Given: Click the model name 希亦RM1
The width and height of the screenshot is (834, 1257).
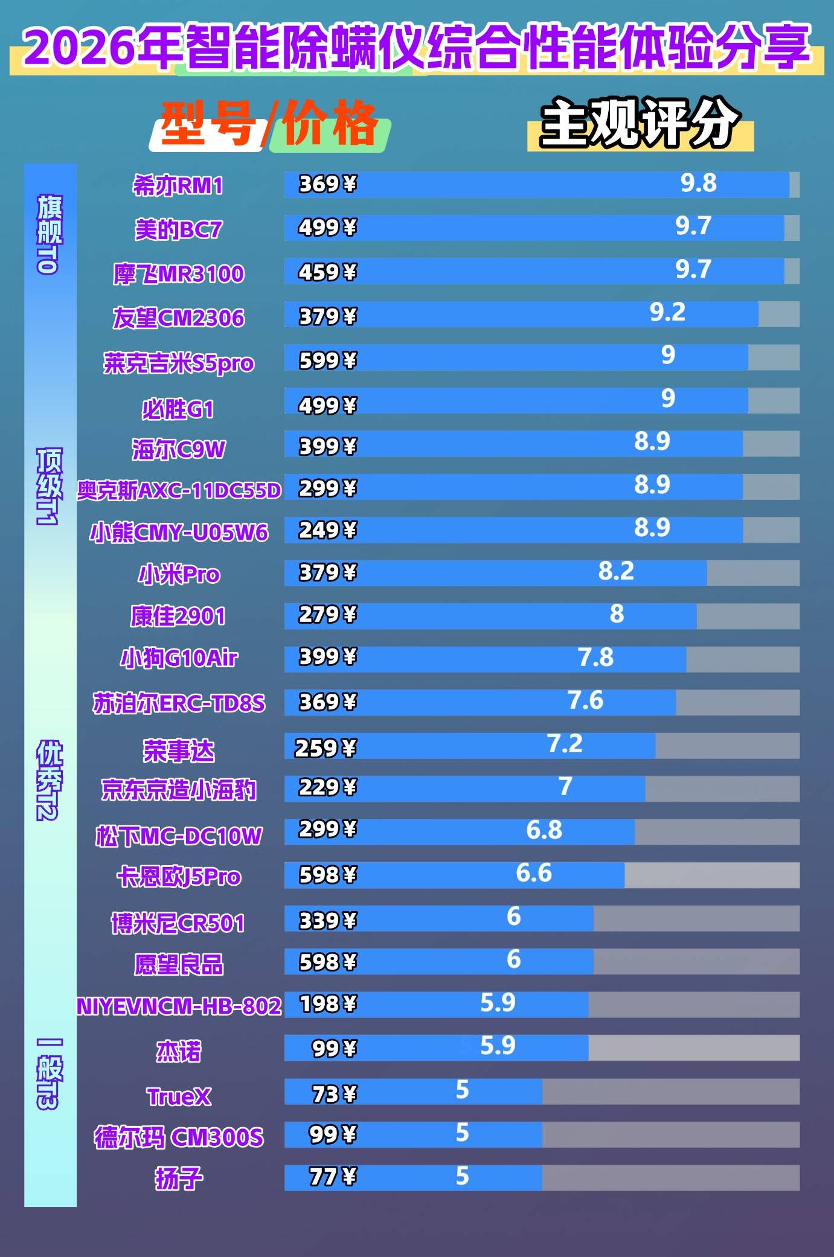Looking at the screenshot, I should pyautogui.click(x=178, y=185).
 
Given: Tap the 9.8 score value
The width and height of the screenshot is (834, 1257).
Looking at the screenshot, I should pyautogui.click(x=698, y=183).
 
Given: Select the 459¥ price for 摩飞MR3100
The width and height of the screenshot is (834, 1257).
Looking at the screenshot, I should pyautogui.click(x=327, y=272).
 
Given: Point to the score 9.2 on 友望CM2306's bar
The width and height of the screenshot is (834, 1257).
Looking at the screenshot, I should pyautogui.click(x=667, y=312).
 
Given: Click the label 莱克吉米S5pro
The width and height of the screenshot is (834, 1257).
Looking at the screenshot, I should pyautogui.click(x=179, y=363).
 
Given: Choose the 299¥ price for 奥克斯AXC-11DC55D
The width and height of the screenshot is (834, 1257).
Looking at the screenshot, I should pyautogui.click(x=327, y=488).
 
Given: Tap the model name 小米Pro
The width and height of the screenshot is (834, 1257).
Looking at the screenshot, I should pyautogui.click(x=179, y=574).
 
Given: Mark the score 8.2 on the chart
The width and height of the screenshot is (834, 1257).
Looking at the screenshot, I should pyautogui.click(x=616, y=571).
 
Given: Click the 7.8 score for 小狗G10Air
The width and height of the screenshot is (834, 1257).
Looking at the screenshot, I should pyautogui.click(x=595, y=657).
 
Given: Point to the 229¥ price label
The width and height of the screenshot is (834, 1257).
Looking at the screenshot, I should pyautogui.click(x=327, y=787).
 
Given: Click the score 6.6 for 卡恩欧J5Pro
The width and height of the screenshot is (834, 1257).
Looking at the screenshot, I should pyautogui.click(x=534, y=873).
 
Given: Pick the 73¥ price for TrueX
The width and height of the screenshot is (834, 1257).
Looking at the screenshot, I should pyautogui.click(x=334, y=1094).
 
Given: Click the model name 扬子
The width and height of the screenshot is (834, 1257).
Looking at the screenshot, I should pyautogui.click(x=179, y=1178).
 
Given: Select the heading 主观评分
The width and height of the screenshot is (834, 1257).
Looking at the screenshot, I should pyautogui.click(x=640, y=123).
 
